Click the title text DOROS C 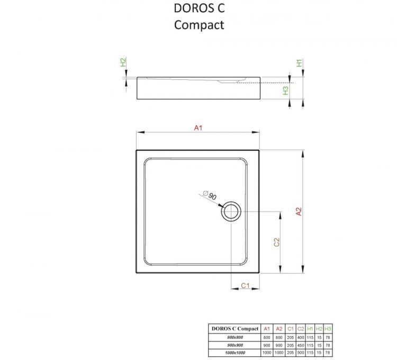click(x=199, y=9)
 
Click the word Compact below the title click(x=199, y=25)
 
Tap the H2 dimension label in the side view click(x=123, y=62)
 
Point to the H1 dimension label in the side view click(x=299, y=62)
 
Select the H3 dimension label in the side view click(x=286, y=91)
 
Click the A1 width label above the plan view click(x=198, y=128)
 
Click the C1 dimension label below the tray click(x=245, y=286)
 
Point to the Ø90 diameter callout click(x=210, y=196)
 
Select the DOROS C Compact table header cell click(x=235, y=329)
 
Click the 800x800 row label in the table click(x=235, y=337)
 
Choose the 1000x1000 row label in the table click(x=235, y=352)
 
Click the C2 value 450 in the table click(x=301, y=345)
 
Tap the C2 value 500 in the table click(x=301, y=352)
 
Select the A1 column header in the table click(x=267, y=329)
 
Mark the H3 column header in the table click(x=329, y=329)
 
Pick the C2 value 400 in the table click(x=301, y=337)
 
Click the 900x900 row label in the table click(x=235, y=345)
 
